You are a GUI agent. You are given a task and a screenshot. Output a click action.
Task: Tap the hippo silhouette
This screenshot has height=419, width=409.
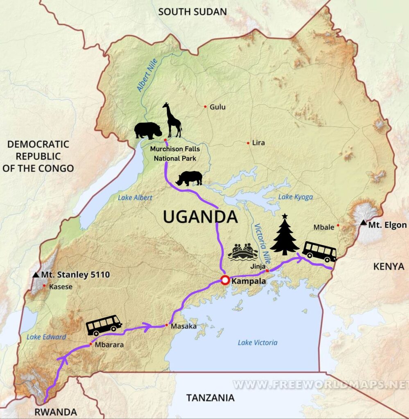148,131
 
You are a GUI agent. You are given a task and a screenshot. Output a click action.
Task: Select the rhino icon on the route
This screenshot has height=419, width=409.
189,178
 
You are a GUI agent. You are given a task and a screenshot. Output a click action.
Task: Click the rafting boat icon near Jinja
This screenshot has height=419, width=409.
243,252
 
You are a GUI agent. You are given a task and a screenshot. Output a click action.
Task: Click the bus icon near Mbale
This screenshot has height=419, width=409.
320,251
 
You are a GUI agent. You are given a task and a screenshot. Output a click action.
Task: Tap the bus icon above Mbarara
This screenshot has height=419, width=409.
104,325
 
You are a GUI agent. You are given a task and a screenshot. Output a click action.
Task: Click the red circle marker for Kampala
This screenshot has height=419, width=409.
225,280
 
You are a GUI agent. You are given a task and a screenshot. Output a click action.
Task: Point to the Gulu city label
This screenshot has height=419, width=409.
217,107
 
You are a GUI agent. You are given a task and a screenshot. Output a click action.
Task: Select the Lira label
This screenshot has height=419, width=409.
258,143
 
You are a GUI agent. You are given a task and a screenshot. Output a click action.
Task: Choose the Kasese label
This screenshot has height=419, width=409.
61,287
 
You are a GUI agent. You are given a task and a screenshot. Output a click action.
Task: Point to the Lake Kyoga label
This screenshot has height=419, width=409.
296,197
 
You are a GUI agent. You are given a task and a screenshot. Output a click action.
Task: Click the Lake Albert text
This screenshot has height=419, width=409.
135,198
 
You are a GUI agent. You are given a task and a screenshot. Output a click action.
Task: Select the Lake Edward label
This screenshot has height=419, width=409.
46,337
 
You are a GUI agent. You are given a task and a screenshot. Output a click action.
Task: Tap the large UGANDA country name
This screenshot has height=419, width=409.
200,216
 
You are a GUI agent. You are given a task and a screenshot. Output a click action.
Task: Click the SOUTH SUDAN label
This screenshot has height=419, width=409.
192,11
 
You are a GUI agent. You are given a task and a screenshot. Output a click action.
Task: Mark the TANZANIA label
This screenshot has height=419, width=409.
210,397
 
